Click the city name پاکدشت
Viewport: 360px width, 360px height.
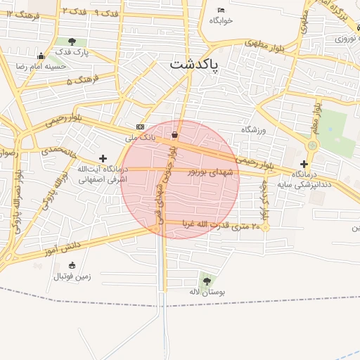click(194, 65)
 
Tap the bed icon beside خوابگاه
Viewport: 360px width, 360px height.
click(221, 10)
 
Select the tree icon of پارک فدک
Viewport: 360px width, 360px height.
click(72, 42)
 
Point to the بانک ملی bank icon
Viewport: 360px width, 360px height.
click(139, 127)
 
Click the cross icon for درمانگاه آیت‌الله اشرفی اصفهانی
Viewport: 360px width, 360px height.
click(103, 159)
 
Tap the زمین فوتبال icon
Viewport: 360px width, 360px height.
click(72, 265)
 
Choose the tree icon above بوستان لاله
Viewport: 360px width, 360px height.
click(205, 281)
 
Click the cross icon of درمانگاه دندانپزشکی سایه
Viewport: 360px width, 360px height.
click(304, 164)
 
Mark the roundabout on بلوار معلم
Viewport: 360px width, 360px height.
click(312, 145)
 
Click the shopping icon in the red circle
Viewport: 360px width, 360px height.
click(174, 135)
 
